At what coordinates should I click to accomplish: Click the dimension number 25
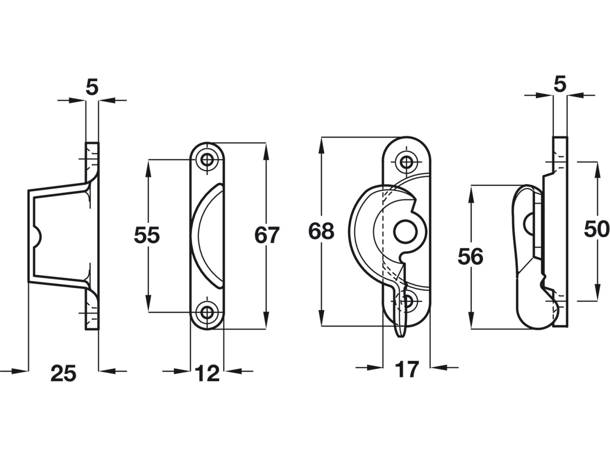coord(63,374)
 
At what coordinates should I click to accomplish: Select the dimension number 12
coord(207,374)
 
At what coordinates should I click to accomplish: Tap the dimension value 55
coord(146,235)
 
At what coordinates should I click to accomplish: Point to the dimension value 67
coord(267,235)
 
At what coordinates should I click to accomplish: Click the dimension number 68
coord(321,231)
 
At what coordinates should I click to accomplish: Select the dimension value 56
coord(470,257)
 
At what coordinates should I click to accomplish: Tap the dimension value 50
coord(596,229)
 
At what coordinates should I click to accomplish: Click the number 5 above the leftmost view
coord(92,87)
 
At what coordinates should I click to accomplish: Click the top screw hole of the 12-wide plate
coord(207,159)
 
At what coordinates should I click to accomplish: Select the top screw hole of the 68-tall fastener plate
coord(406,162)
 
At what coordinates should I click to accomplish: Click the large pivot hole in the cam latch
coord(405,231)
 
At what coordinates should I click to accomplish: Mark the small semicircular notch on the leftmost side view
coord(38,236)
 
